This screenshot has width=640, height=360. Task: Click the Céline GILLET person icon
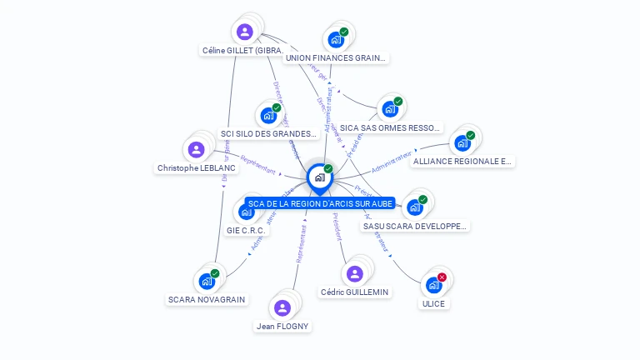(244, 32)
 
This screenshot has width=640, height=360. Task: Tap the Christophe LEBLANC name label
(197, 167)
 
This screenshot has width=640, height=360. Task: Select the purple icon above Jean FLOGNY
(282, 307)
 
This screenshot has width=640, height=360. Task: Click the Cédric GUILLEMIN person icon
(355, 273)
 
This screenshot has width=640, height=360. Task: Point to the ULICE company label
(433, 303)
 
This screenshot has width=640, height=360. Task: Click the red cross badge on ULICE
(442, 277)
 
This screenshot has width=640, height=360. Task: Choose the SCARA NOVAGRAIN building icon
(206, 282)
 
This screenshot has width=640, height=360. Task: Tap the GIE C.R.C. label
(246, 230)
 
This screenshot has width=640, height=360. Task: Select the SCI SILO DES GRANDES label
(268, 133)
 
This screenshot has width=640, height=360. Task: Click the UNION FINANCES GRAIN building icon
(335, 39)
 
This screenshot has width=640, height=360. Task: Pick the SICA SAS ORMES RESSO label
(390, 127)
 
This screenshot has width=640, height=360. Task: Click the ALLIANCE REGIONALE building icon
(462, 142)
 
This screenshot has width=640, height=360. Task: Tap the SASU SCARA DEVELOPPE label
(416, 226)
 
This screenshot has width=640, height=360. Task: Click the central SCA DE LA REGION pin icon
(319, 177)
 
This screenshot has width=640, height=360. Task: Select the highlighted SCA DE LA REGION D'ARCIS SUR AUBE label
(321, 203)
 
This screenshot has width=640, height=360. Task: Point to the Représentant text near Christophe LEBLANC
(257, 163)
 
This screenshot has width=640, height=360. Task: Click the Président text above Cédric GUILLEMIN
(336, 227)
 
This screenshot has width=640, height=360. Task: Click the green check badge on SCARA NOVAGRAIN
(215, 273)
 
